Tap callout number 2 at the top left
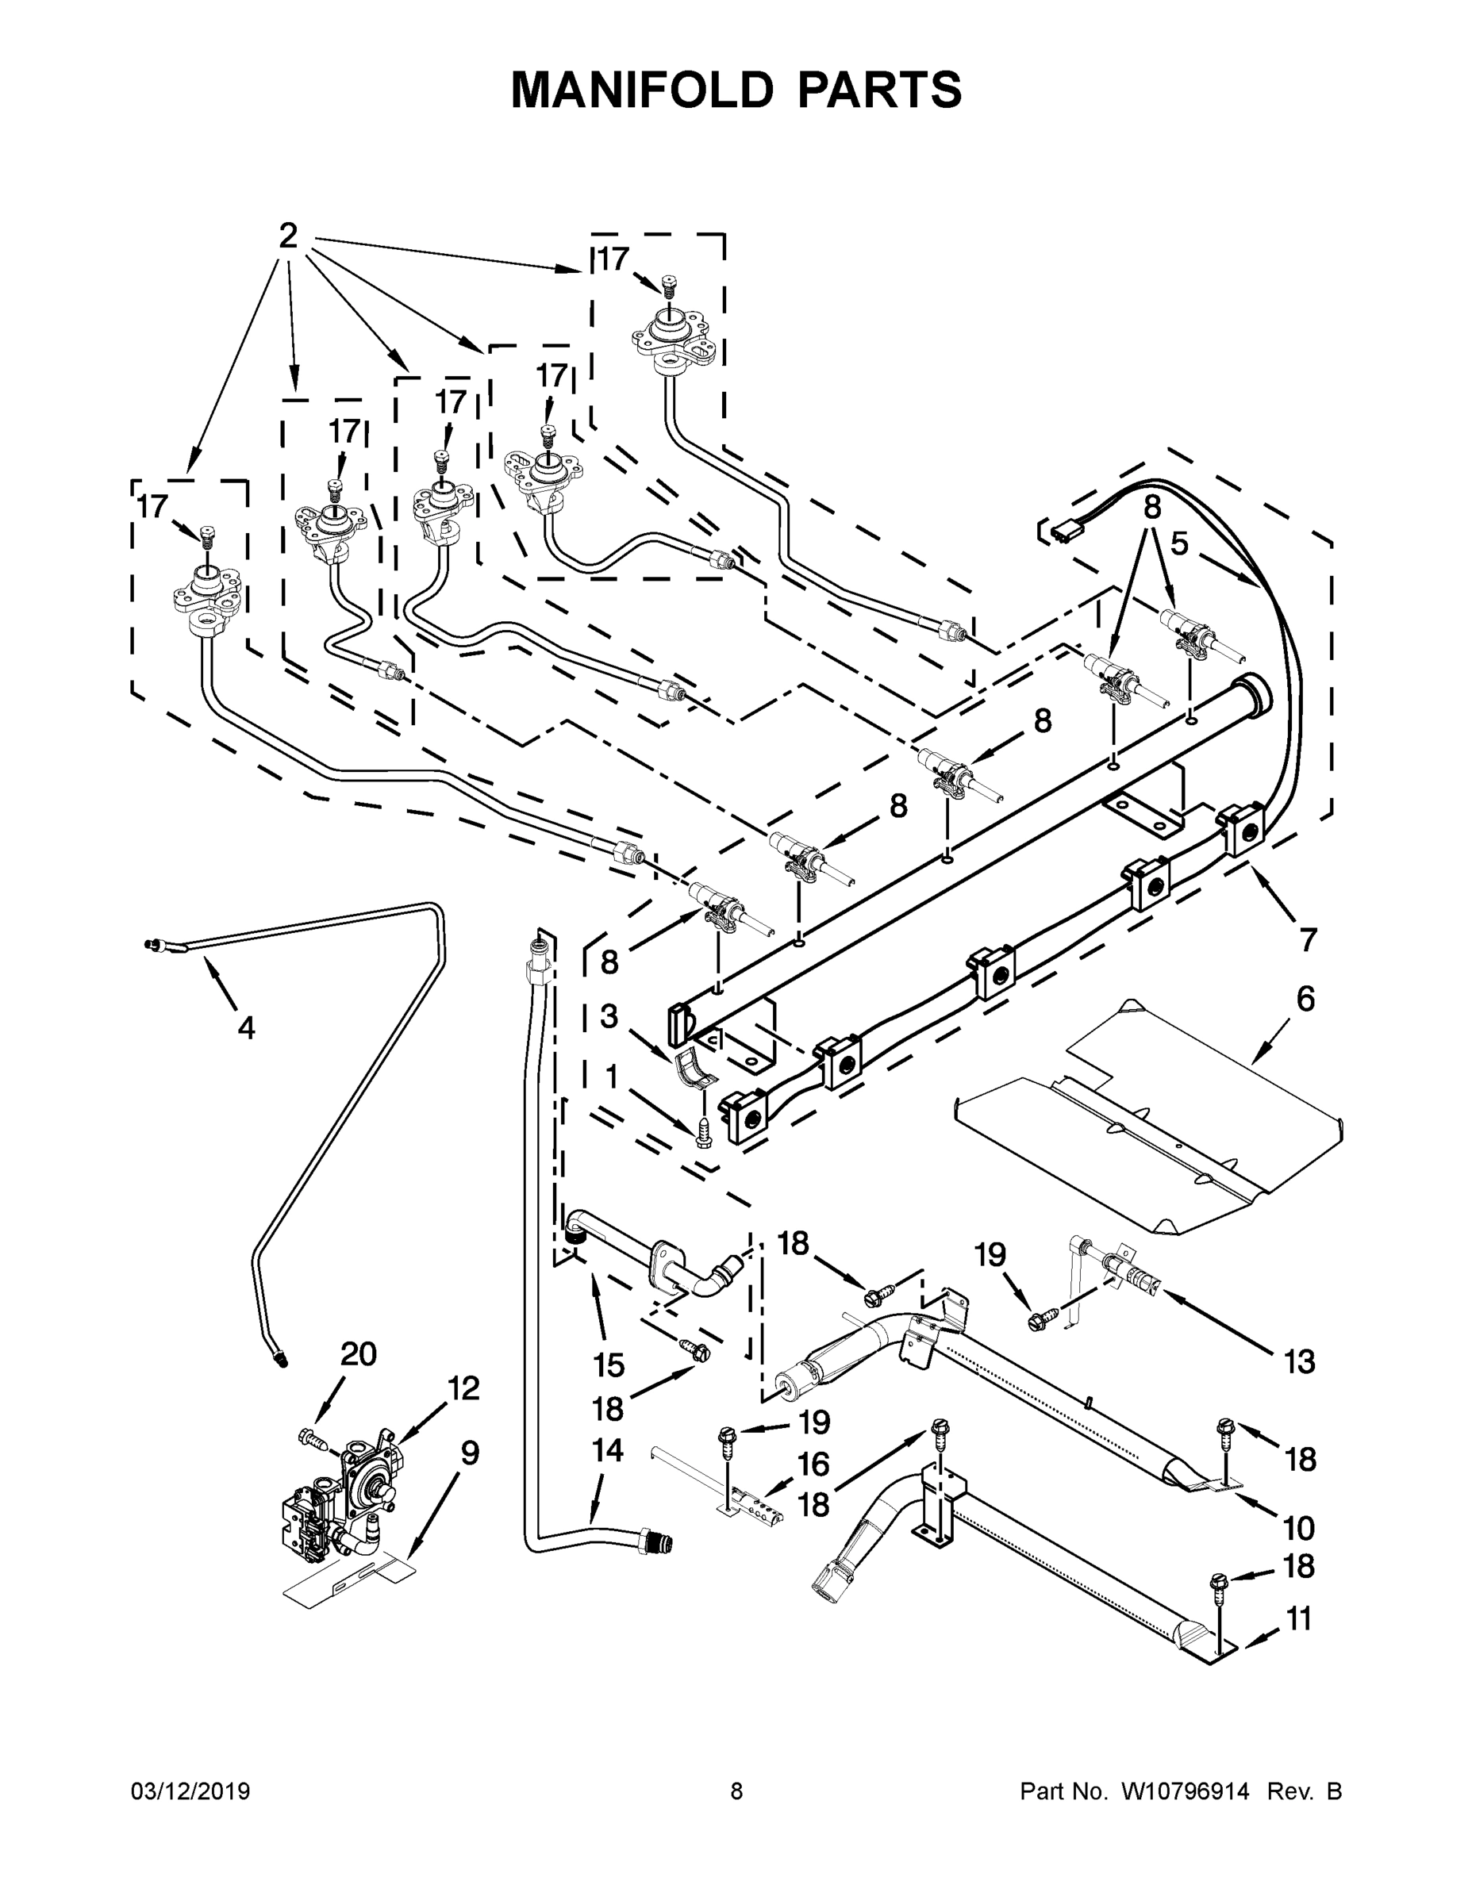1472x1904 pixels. tap(288, 236)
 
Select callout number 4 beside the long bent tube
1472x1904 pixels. tap(246, 1028)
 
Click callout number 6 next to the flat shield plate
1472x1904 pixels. tap(1305, 999)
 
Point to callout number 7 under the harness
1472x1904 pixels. tap(1307, 939)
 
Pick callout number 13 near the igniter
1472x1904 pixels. tap(1298, 1361)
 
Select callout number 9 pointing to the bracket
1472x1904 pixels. tap(469, 1453)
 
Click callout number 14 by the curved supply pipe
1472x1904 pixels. tap(607, 1449)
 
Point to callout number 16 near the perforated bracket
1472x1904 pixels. tap(813, 1464)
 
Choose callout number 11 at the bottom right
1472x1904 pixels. tap(1298, 1619)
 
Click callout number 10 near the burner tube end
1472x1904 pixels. tap(1298, 1527)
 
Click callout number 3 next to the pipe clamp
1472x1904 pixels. tap(609, 1015)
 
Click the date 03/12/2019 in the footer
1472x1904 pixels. tap(190, 1791)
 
